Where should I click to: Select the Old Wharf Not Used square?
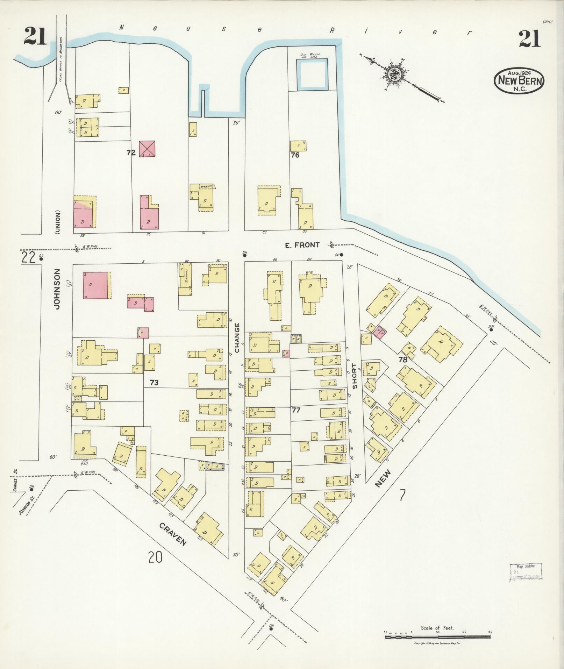tap(312, 73)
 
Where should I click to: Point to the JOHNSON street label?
tap(57, 289)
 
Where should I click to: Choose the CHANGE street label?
tap(237, 338)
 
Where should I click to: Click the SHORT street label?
tap(355, 376)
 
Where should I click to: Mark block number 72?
tap(131, 153)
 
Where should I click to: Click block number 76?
tap(295, 155)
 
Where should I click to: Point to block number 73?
tap(154, 383)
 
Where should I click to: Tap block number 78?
tap(403, 360)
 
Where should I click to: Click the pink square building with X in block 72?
tap(147, 149)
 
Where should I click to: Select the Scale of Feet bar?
tap(437, 637)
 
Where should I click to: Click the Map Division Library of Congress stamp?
tap(525, 572)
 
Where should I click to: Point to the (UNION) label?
tap(57, 222)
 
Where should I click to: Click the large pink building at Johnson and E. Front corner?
tap(95, 285)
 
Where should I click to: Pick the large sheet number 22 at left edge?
tap(28, 258)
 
